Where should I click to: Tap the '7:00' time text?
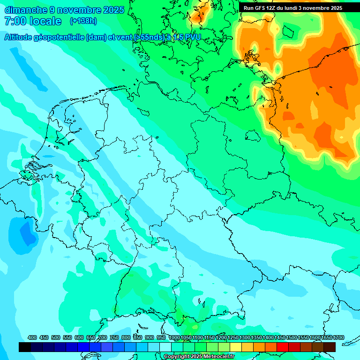tap(14, 21)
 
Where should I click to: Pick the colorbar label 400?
tap(32, 337)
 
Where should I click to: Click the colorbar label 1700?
tap(326, 337)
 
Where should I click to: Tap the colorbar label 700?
tap(103, 337)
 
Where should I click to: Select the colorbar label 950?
tap(161, 337)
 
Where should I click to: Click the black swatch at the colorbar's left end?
tap(25, 347)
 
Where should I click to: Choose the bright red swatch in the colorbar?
tap(283, 347)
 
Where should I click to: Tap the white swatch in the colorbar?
tap(165, 347)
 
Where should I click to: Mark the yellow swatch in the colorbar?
tap(236, 347)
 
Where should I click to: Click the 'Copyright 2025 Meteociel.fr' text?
tap(199, 357)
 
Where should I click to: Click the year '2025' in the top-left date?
tap(113, 9)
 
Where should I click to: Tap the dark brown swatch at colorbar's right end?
tap(330, 347)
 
